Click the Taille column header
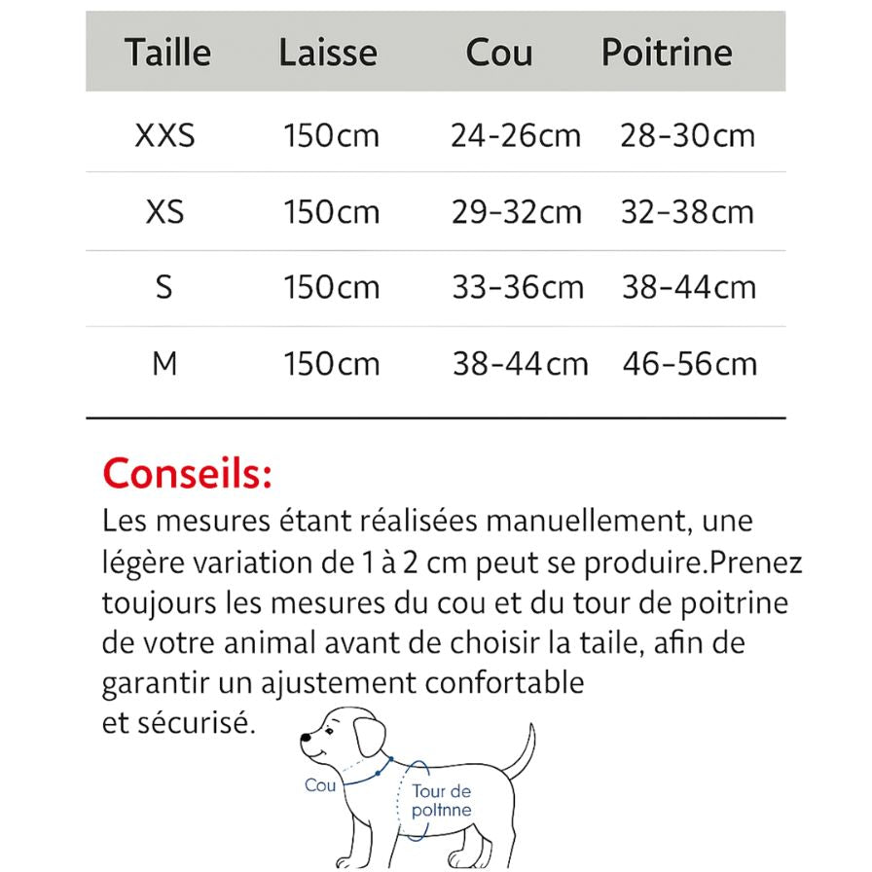167,52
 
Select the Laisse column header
327,52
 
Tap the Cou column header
498,52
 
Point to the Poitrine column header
667,52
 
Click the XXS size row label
165,135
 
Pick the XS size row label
165,211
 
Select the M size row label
165,363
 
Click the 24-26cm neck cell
515,135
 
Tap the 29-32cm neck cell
516,211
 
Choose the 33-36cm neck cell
518,287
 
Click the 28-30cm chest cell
687,135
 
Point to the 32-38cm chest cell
687,211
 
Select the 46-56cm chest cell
689,363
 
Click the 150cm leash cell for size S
331,287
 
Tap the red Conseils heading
187,474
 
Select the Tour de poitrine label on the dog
441,801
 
